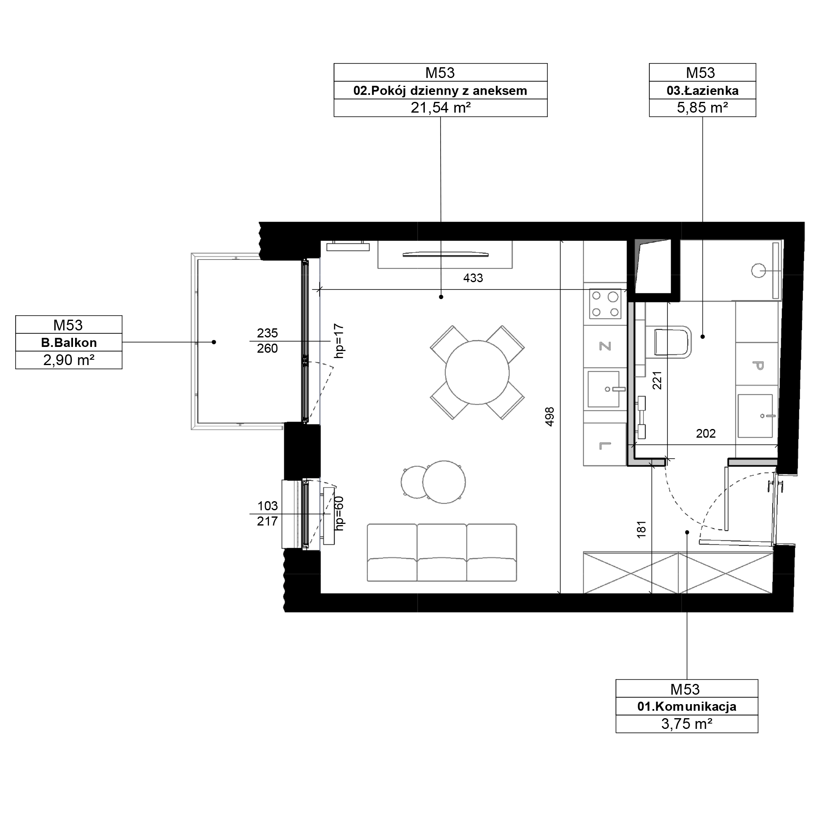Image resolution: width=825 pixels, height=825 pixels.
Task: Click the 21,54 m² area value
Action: [441, 108]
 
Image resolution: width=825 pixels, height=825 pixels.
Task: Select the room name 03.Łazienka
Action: [702, 90]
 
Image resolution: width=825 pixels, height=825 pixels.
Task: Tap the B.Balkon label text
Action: [69, 343]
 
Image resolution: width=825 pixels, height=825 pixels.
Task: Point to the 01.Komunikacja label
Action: [687, 707]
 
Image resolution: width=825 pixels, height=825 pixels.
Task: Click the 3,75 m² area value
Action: [687, 724]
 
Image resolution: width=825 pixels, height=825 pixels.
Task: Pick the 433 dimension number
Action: [473, 278]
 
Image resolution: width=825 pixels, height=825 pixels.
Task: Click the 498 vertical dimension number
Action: [549, 417]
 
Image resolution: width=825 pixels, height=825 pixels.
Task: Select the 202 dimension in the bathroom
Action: [706, 434]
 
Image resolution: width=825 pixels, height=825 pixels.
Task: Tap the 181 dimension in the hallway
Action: [641, 530]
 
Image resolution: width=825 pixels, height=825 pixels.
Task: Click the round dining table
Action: [477, 372]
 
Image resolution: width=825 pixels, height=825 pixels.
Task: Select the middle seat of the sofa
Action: [441, 553]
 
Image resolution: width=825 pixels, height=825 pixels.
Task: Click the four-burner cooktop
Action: [605, 304]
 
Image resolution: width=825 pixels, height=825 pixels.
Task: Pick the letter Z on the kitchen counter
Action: [605, 346]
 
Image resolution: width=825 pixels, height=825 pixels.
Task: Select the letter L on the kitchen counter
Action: [605, 446]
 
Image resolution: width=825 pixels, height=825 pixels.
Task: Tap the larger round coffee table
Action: [444, 482]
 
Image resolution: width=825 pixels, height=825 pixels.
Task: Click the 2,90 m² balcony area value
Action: [69, 361]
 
